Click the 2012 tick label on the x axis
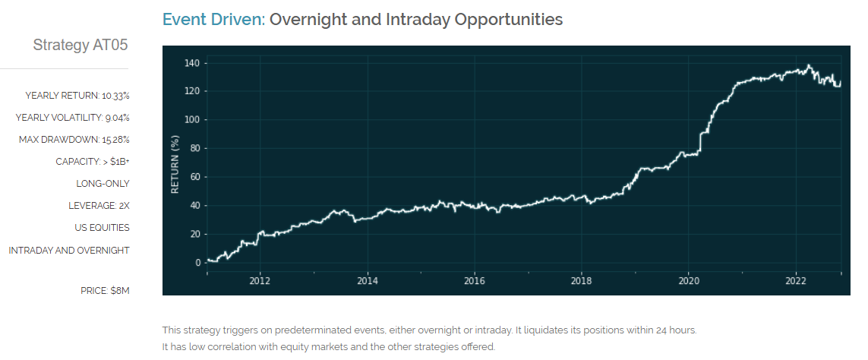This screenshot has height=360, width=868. pyautogui.click(x=260, y=279)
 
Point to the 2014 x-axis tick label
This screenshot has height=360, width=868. pyautogui.click(x=367, y=279)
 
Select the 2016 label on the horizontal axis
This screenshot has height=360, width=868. pyautogui.click(x=474, y=279)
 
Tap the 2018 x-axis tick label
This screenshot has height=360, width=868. pyautogui.click(x=581, y=279)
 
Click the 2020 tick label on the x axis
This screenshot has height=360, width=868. pyautogui.click(x=688, y=279)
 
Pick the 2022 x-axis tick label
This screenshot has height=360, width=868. pyautogui.click(x=795, y=279)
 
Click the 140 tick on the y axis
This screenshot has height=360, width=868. pyautogui.click(x=191, y=62)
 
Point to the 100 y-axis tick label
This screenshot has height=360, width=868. pyautogui.click(x=191, y=120)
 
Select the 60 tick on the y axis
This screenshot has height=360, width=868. pyautogui.click(x=194, y=177)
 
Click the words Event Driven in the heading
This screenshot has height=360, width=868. pyautogui.click(x=213, y=20)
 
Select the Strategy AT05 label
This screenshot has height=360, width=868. pyautogui.click(x=80, y=46)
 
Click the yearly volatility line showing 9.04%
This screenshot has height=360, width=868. pyautogui.click(x=73, y=118)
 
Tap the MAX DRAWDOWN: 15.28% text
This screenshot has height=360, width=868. pyautogui.click(x=74, y=140)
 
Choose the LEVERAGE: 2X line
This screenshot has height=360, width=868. pyautogui.click(x=99, y=206)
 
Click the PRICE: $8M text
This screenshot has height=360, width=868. pyautogui.click(x=105, y=290)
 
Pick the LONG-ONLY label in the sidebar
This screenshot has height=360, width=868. pyautogui.click(x=103, y=184)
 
